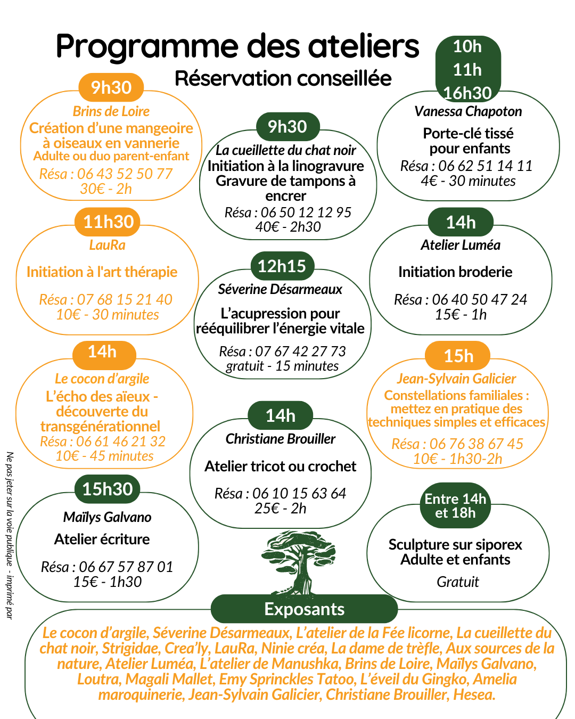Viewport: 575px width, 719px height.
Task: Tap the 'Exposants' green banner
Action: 304,609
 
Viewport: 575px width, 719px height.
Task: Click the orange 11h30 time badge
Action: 108,222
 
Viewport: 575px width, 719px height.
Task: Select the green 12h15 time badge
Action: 282,266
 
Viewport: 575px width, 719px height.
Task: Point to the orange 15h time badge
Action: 458,356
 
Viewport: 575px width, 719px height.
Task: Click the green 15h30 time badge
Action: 108,489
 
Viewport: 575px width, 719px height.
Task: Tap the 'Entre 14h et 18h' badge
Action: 455,506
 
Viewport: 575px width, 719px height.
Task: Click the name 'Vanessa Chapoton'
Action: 468,111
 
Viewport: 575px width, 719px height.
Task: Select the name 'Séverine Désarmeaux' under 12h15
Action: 280,289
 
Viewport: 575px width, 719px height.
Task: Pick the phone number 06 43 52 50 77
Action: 125,174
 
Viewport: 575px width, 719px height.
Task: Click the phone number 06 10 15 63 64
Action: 299,493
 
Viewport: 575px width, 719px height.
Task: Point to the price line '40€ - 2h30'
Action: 288,227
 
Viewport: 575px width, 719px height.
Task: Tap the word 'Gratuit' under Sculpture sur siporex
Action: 458,582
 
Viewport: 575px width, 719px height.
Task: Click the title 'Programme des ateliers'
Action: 237,46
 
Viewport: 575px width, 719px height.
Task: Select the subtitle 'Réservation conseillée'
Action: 283,78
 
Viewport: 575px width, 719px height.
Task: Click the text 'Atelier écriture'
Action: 102,539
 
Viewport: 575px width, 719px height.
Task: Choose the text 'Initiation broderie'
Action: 455,272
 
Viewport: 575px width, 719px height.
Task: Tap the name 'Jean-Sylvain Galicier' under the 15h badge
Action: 456,379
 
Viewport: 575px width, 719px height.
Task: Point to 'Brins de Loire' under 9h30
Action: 111,111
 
